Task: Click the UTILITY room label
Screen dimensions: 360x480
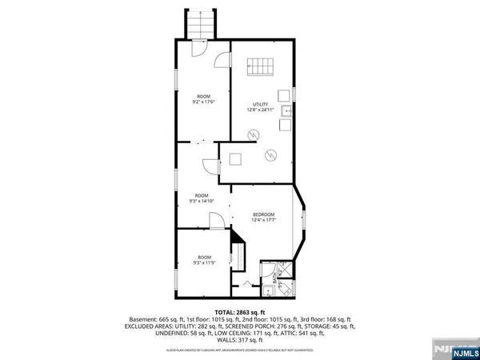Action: (x=260, y=104)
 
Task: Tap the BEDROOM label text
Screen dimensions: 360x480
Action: (x=263, y=214)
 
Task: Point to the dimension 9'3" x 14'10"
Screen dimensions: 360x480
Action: (x=202, y=202)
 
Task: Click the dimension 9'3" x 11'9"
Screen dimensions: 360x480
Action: (x=202, y=262)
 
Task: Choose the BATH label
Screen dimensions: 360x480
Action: (x=274, y=280)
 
